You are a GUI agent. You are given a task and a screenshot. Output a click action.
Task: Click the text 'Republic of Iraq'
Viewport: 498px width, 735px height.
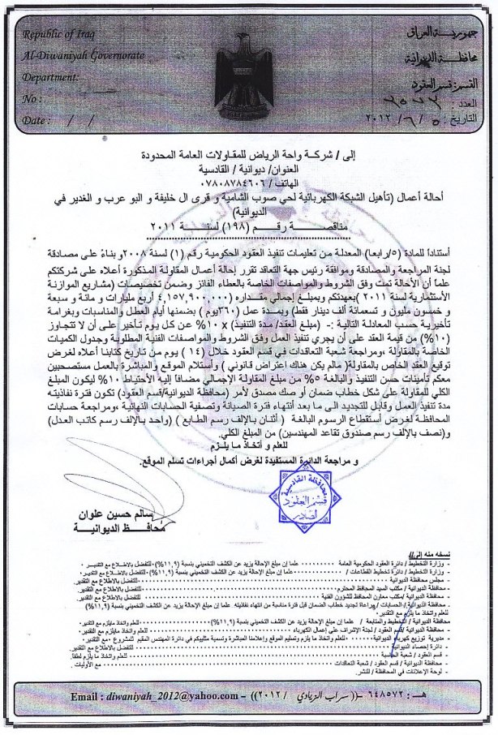tap(54, 37)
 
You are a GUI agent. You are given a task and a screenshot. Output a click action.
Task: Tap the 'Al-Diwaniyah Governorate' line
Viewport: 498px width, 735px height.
tap(74, 58)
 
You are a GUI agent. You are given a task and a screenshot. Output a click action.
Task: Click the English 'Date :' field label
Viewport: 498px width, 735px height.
tap(36, 119)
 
